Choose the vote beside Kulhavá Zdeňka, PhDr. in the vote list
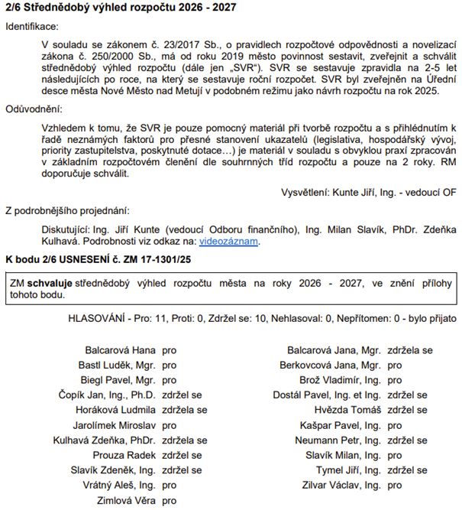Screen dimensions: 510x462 pyautogui.click(x=185, y=440)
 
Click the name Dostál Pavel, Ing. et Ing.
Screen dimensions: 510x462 pyautogui.click(x=327, y=395)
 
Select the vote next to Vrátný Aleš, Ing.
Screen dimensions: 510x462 pyautogui.click(x=170, y=485)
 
